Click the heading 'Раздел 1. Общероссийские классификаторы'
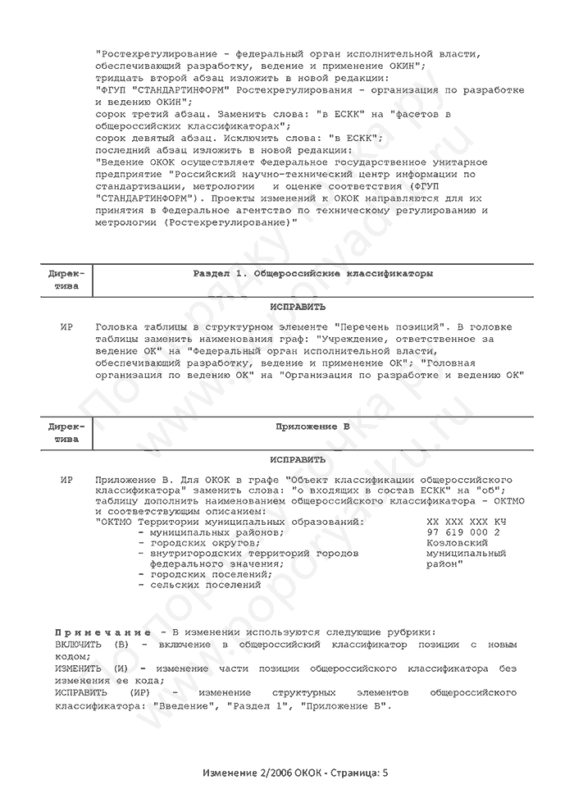[x=312, y=273]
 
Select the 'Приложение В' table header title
[x=312, y=427]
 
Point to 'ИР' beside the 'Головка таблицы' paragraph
[x=67, y=326]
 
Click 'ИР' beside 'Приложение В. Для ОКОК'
[x=67, y=478]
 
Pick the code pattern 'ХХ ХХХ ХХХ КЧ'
[x=466, y=521]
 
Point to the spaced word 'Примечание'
[x=102, y=633]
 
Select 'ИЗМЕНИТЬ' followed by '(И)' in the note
[x=89, y=668]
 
